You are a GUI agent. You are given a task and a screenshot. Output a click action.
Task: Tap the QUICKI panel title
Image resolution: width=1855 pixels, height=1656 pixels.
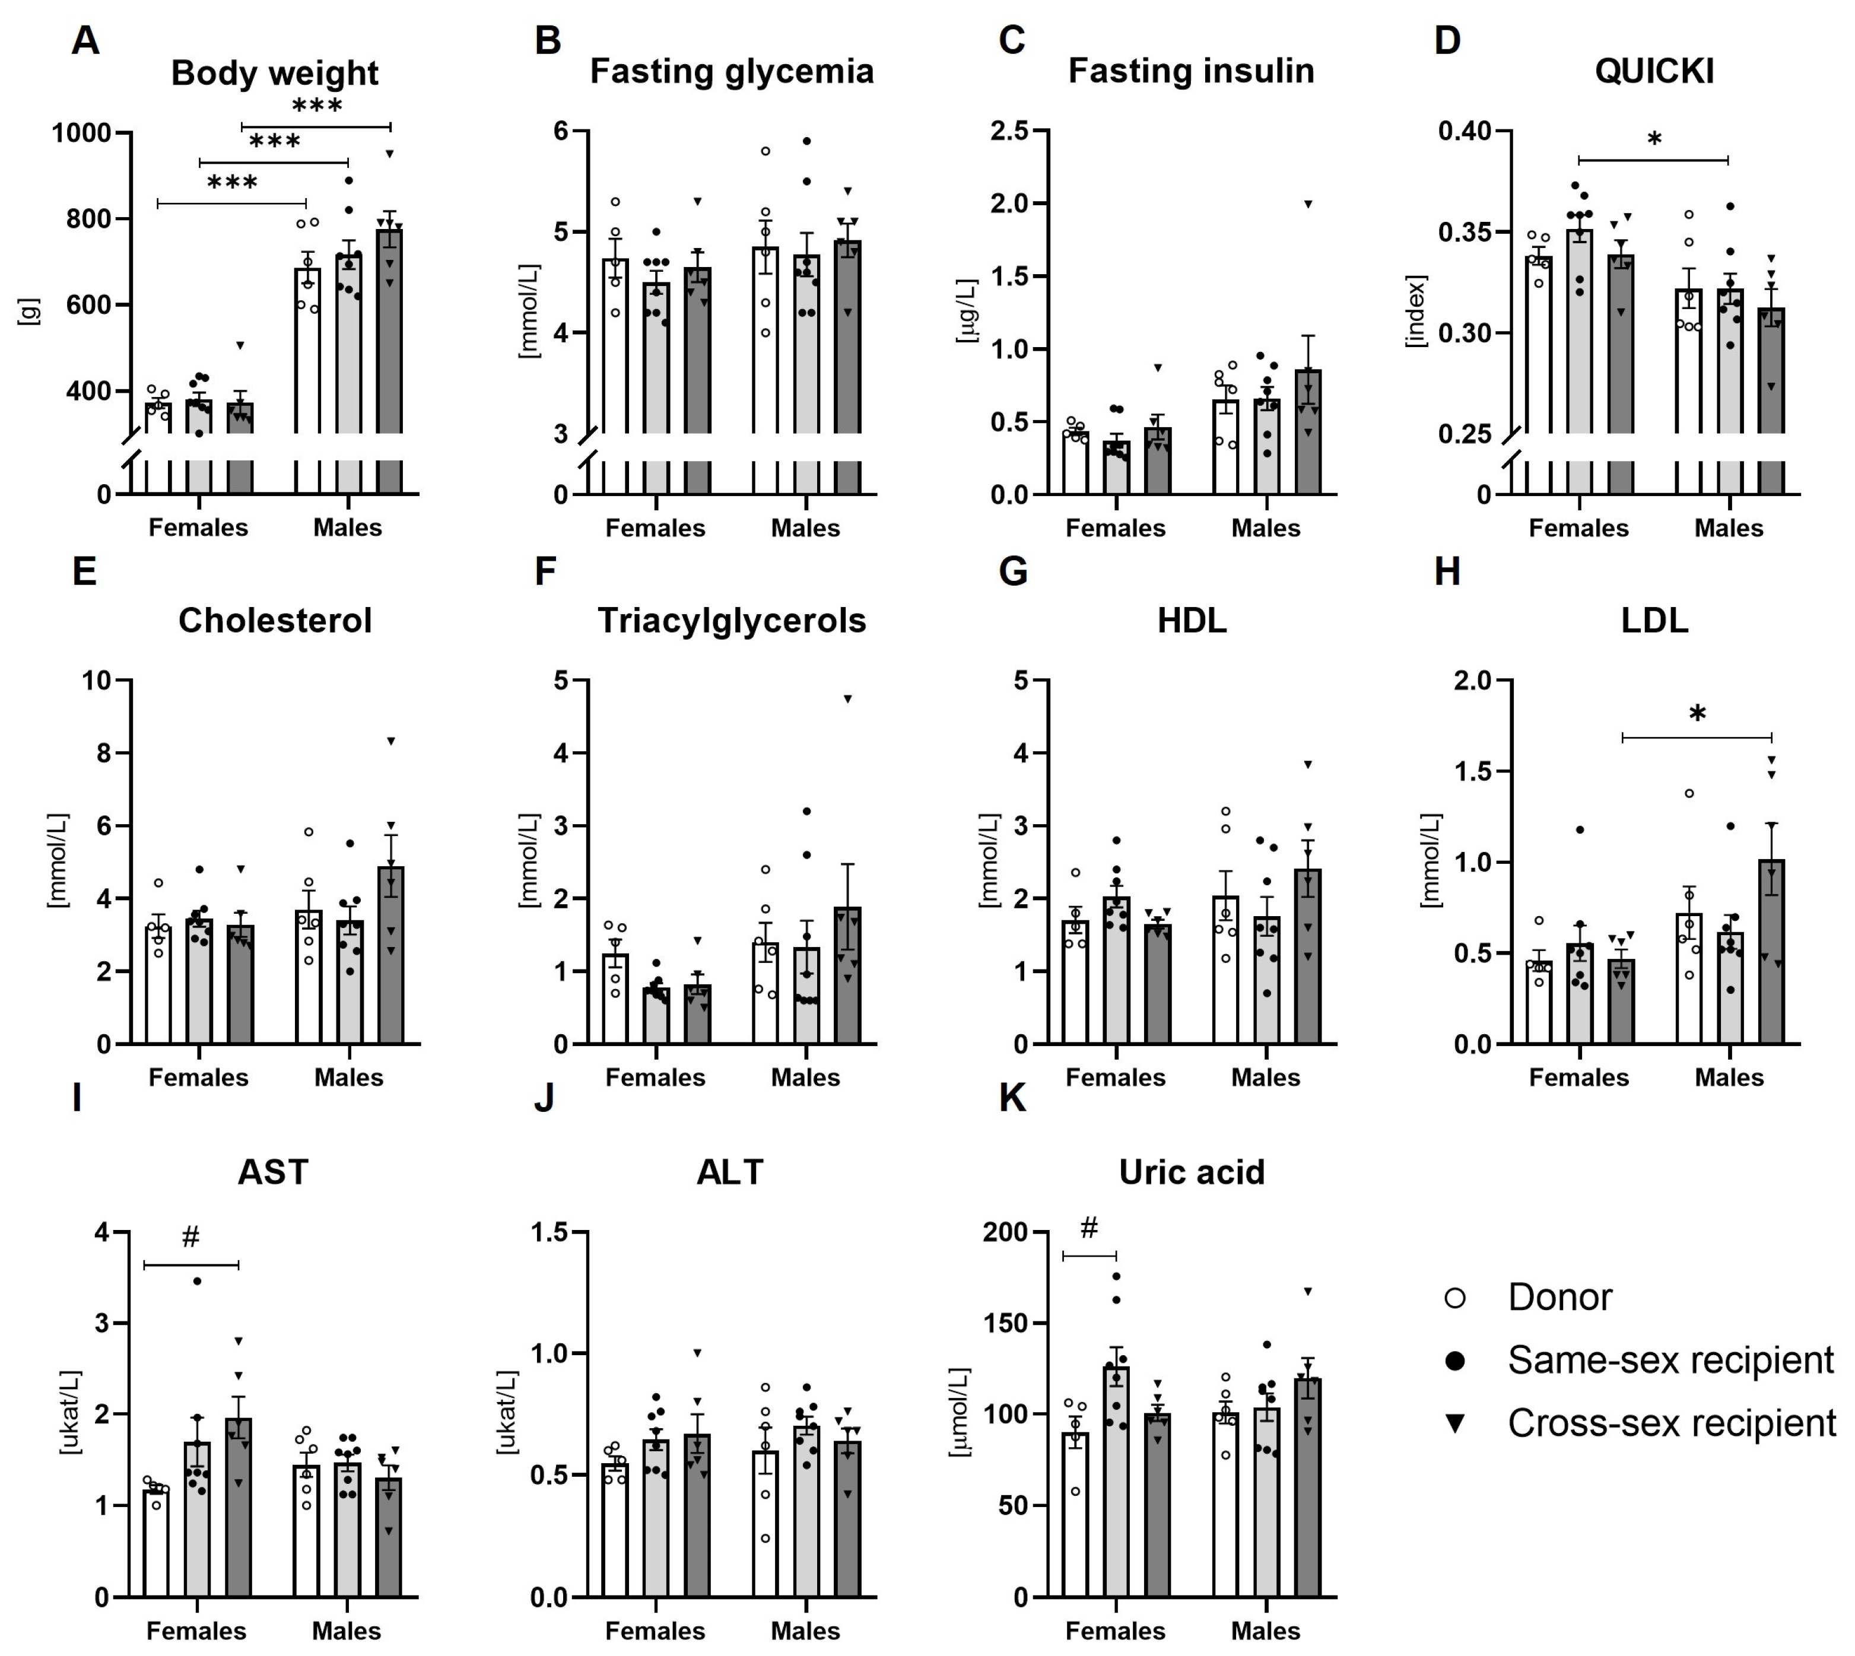pos(1653,71)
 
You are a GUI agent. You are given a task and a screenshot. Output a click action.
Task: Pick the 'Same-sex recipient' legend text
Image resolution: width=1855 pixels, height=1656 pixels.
pos(1670,1361)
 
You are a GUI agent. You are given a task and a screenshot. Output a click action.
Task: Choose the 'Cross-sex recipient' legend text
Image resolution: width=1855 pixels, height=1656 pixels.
pos(1671,1423)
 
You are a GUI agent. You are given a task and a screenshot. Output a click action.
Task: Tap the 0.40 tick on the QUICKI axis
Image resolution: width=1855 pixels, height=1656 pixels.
pos(1465,131)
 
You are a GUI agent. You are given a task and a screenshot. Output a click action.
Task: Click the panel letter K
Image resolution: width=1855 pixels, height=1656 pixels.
pos(1012,1099)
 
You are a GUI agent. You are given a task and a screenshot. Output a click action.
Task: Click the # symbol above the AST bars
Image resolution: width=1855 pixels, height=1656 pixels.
pos(190,1237)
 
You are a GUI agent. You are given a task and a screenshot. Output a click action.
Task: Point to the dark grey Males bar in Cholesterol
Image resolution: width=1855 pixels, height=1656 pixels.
pos(391,955)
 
